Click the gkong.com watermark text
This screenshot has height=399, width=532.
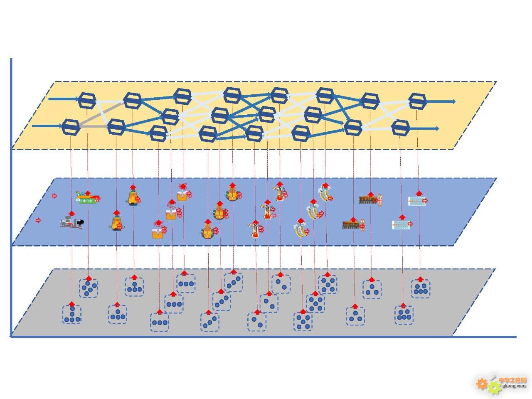[x=514, y=386]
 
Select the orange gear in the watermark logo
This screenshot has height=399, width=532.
[x=482, y=384]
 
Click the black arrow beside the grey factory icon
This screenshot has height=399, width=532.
[x=80, y=222]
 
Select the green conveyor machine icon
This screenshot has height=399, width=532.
[x=87, y=198]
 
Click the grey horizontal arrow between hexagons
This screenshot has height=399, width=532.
[x=94, y=126]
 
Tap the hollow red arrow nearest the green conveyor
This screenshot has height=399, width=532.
[x=54, y=196]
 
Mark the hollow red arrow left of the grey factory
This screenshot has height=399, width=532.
[x=38, y=220]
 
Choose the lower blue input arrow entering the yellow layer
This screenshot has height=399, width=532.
[x=47, y=126]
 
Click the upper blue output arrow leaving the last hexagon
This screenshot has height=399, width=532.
[x=440, y=101]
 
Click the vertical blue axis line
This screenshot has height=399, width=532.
[x=11, y=197]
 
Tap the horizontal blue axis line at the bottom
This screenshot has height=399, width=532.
[x=263, y=337]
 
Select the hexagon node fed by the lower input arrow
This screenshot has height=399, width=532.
[x=71, y=127]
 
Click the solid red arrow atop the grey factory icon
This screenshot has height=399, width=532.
[x=71, y=213]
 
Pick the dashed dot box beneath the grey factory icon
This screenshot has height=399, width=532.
[x=72, y=315]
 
